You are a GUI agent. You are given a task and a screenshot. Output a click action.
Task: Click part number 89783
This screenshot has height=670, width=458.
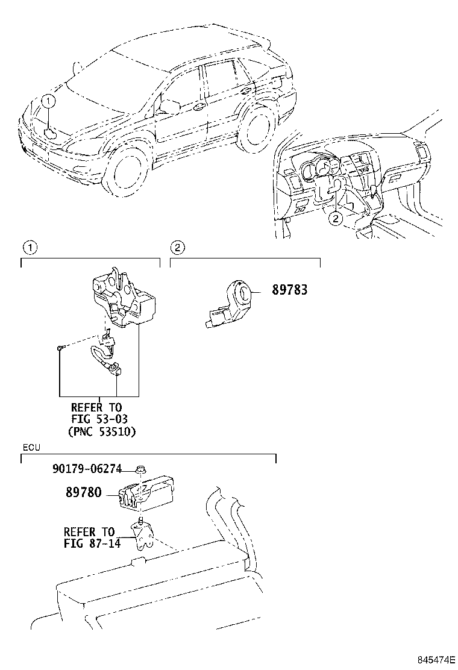pos(289,290)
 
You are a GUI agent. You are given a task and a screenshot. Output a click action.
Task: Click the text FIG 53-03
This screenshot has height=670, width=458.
pos(99,419)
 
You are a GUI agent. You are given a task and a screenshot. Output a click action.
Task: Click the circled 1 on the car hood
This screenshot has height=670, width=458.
pos(49,102)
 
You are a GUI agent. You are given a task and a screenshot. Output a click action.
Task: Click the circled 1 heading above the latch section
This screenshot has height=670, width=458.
pos(28,247)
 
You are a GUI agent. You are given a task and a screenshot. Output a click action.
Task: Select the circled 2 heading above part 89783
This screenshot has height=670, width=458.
pos(177,247)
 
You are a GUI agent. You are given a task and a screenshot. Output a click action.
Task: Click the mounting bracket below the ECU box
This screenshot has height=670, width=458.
pos(143,536)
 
